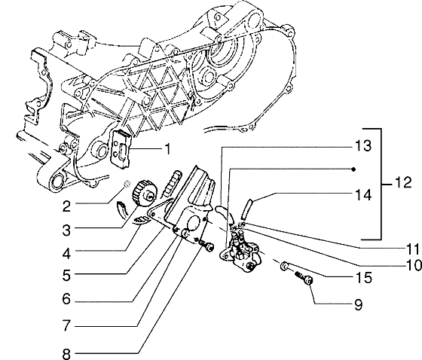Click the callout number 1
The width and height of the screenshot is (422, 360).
[168, 148]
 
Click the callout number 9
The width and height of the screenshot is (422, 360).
[358, 306]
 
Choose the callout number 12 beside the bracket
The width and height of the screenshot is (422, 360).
[404, 184]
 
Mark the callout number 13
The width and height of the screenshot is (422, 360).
[362, 145]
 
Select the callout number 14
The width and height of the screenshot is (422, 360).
[362, 194]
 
